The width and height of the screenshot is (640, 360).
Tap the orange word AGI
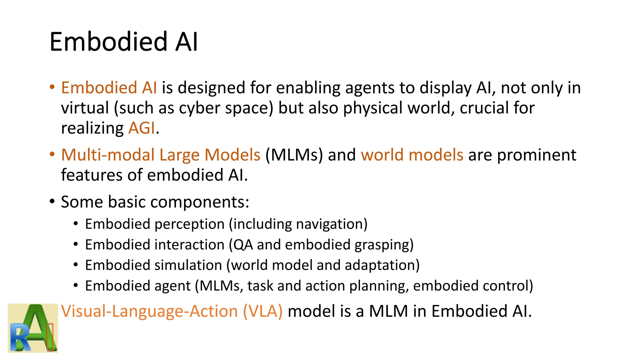142,128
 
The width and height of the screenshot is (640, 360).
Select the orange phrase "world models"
412,155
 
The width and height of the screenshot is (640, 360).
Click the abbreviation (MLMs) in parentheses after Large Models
294,155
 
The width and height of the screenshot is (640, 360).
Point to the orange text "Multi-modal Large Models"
161,155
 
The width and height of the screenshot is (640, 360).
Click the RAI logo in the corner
33,328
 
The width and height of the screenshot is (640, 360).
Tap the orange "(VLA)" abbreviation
263,311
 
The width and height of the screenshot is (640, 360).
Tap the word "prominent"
537,155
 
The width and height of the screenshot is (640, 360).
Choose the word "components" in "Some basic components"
197,202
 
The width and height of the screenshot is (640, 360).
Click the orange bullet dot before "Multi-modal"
52,154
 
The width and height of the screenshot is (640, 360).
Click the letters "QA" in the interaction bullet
243,245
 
